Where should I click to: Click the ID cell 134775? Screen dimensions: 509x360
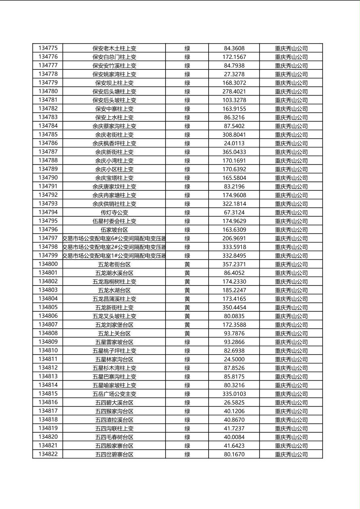48,48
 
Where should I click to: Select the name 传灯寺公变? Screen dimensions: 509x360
114,212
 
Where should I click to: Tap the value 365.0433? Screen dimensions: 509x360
234,152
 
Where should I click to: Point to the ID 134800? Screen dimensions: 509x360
48,264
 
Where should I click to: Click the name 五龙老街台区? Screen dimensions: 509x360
114,264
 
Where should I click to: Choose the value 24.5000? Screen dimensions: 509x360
234,359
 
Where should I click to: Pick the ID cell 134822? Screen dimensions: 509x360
48,454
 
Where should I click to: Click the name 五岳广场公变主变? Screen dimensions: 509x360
114,394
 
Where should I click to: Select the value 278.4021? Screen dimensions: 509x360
234,91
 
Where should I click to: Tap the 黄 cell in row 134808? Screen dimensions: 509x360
187,333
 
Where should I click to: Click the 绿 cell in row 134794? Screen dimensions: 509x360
187,212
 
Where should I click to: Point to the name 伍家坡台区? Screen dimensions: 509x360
114,229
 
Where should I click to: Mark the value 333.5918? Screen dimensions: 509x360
234,247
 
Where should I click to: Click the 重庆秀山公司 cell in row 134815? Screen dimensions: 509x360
291,394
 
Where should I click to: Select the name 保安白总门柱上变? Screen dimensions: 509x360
114,57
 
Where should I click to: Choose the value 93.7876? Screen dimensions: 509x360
234,333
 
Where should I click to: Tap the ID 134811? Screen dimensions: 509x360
48,359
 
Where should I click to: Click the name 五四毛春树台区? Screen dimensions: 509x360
114,437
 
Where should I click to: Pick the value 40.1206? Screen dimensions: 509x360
234,411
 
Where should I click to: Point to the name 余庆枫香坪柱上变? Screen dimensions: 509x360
114,143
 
